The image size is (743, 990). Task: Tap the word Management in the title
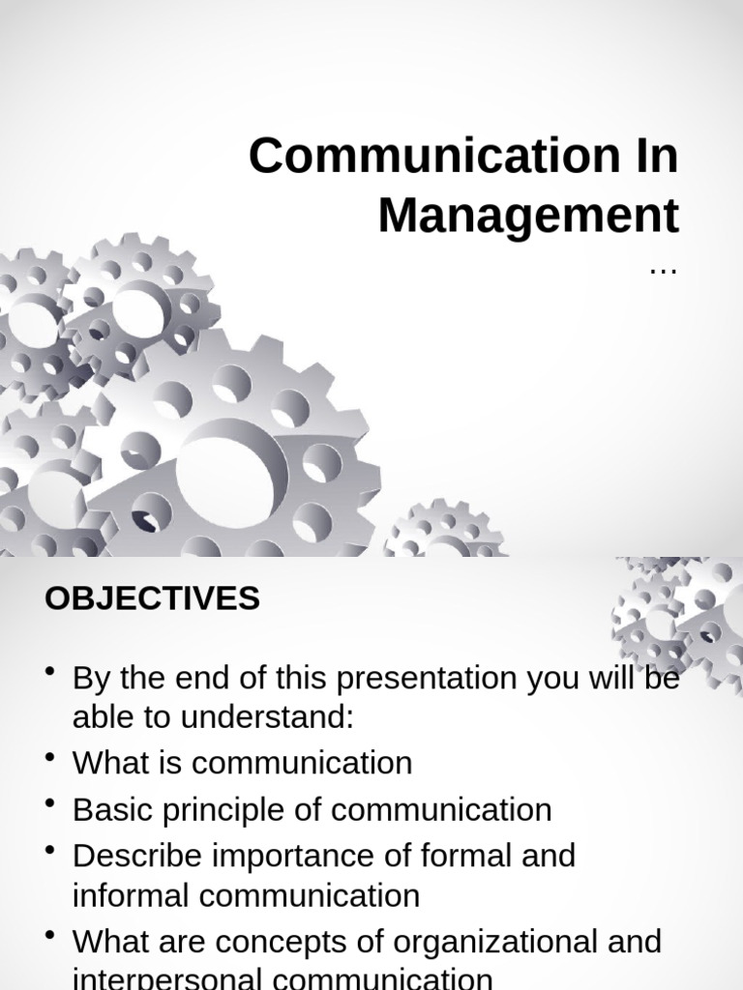pos(528,216)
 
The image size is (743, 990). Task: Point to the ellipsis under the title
pos(663,272)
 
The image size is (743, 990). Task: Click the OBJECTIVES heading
pos(152,598)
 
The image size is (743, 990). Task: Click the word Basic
pos(108,809)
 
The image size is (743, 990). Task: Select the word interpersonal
pos(157,978)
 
